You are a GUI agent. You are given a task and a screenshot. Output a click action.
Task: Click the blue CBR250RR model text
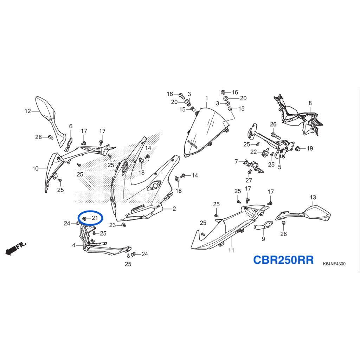(283, 260)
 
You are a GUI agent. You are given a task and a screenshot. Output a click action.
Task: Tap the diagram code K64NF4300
(334, 264)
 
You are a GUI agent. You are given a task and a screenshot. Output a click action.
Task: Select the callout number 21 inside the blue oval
(95, 218)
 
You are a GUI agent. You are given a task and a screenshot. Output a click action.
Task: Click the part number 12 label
(27, 111)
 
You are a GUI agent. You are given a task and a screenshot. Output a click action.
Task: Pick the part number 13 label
(313, 197)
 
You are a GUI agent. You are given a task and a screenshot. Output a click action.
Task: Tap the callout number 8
(310, 103)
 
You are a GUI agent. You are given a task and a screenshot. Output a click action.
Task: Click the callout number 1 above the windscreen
(207, 98)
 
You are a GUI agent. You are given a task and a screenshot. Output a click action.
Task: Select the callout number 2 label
(174, 209)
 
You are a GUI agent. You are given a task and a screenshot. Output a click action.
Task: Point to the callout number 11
(231, 250)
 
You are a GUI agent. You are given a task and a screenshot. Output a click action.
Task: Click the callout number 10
(36, 169)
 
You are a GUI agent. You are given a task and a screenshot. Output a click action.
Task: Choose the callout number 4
(74, 245)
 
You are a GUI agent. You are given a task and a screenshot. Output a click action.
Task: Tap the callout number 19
(310, 148)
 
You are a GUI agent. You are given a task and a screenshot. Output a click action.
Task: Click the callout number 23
(112, 225)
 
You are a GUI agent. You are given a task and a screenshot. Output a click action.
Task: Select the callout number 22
(253, 152)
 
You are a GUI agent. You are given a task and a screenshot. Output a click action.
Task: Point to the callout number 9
(263, 239)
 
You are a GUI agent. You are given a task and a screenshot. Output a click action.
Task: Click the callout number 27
(249, 180)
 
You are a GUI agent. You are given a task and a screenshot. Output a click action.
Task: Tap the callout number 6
(71, 126)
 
